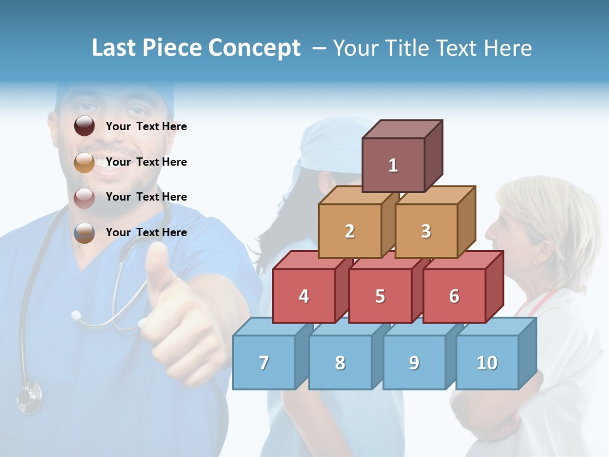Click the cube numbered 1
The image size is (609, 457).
tap(393, 165)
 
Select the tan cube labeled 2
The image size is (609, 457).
tap(350, 231)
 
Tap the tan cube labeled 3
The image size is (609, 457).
tap(426, 231)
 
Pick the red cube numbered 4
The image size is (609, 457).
tap(304, 296)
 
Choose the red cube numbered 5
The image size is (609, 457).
tap(380, 296)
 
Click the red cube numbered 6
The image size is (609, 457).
tap(454, 296)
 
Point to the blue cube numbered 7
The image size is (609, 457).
tap(264, 362)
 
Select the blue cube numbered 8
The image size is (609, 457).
tap(340, 362)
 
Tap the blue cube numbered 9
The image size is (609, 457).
tap(414, 362)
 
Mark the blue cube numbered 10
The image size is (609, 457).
tap(487, 362)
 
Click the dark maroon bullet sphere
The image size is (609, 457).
tap(84, 126)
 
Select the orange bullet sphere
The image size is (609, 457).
tap(84, 162)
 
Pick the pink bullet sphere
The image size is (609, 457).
tap(84, 197)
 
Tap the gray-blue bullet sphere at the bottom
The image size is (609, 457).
tap(84, 233)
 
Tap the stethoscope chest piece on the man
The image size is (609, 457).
tap(29, 396)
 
